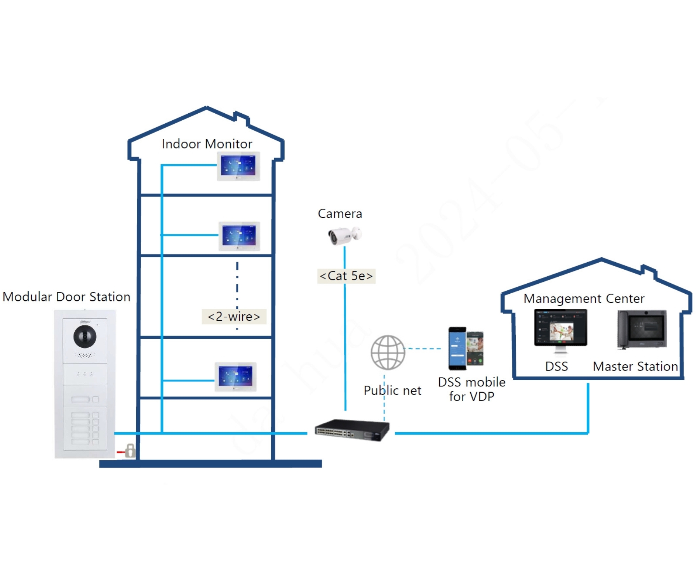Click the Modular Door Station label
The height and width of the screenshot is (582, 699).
pos(66,297)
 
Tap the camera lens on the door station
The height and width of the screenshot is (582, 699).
pos(85,336)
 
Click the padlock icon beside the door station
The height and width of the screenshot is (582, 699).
pos(130,451)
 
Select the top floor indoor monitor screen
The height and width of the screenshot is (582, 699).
pos(238,166)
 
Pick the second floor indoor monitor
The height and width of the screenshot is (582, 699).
pos(239,236)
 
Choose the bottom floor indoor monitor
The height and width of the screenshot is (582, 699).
pos(235,376)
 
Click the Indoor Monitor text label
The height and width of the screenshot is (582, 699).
pos(207,144)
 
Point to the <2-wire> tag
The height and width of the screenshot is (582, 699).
pos(234,317)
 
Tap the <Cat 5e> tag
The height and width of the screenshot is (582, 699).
pos(346,276)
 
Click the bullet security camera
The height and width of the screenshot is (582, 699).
pos(344,235)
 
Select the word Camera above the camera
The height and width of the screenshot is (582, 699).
pos(340,214)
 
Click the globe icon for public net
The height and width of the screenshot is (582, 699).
pos(388,352)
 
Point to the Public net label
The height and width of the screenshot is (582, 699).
pos(392,390)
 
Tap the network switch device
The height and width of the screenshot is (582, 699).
pos(352,430)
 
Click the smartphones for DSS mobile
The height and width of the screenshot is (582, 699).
pos(466,348)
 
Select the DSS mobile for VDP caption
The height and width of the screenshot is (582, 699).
pos(471,389)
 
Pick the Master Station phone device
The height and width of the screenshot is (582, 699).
pos(642,329)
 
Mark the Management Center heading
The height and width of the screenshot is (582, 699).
pos(584,299)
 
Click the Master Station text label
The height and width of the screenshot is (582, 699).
pos(635,367)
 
